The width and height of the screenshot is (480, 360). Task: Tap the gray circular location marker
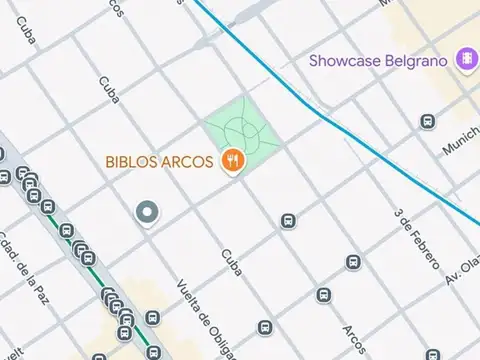(x=148, y=212)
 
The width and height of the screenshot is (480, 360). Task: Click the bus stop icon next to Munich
(x=427, y=122)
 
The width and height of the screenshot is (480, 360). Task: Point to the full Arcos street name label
(x=353, y=341)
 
